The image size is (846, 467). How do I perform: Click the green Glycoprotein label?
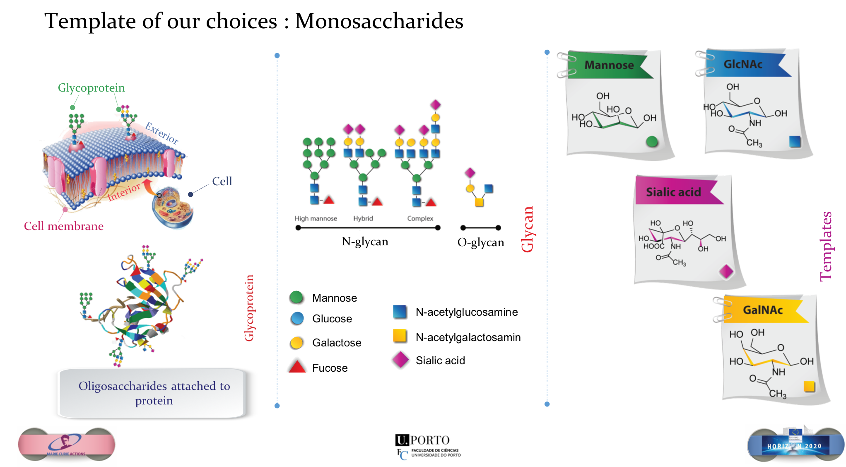(x=91, y=88)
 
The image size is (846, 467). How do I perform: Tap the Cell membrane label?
(x=64, y=226)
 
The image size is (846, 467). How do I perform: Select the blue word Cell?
(x=222, y=181)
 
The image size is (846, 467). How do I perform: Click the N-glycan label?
(x=365, y=242)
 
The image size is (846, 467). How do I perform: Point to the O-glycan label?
(x=481, y=242)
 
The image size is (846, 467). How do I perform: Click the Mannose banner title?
(x=609, y=65)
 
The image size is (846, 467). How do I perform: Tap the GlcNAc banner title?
(x=743, y=64)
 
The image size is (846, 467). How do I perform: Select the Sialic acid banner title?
(x=673, y=192)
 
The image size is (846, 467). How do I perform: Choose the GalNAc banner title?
(x=763, y=310)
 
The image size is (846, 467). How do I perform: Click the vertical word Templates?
(x=826, y=247)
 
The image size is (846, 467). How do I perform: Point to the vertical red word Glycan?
(x=528, y=229)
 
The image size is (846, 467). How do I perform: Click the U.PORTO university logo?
(x=433, y=447)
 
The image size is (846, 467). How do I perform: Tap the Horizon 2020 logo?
(x=795, y=444)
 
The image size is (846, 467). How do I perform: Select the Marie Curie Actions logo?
(x=67, y=446)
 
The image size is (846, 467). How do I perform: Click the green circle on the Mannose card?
(x=652, y=142)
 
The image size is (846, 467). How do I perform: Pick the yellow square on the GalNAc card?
(x=809, y=386)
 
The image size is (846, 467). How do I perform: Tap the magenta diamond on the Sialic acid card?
(x=726, y=271)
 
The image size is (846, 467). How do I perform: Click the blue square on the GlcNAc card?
(x=795, y=141)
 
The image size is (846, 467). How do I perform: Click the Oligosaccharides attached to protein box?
(x=154, y=393)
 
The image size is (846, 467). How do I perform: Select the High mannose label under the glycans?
(x=316, y=218)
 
